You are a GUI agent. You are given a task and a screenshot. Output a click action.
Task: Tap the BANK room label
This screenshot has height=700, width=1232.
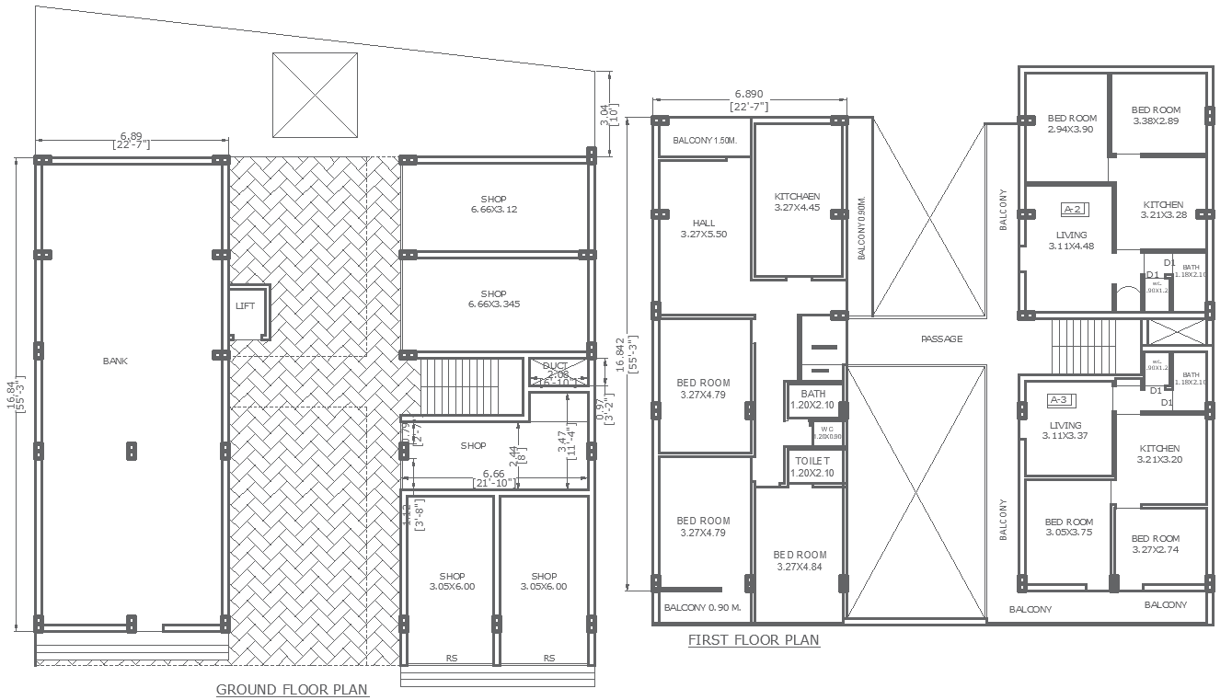[116, 361]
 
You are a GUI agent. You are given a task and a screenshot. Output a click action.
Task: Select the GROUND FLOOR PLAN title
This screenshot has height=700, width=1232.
[292, 690]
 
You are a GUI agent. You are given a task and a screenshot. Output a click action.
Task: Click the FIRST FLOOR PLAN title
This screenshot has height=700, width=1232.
[754, 640]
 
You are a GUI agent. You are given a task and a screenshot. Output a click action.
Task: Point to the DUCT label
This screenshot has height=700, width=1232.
[555, 366]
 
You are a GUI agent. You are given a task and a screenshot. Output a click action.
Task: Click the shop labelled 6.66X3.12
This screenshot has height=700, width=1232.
[493, 204]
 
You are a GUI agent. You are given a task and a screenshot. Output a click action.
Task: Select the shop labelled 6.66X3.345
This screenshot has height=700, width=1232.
[493, 299]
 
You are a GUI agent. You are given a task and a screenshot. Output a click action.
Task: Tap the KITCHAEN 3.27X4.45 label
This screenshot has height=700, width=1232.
[797, 202]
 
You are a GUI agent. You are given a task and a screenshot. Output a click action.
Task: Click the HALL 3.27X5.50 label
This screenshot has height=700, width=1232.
[703, 229]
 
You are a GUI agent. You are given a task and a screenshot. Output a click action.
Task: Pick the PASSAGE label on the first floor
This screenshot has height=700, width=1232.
[941, 339]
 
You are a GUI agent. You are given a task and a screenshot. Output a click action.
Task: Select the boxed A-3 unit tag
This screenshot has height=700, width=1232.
[1061, 400]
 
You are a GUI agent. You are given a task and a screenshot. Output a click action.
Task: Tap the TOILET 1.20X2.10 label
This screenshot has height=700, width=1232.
[812, 466]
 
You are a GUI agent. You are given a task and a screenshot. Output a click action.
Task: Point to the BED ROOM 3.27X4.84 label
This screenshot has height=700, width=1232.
[800, 561]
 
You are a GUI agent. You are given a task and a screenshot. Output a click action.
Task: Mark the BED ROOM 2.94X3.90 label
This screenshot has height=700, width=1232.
[1072, 124]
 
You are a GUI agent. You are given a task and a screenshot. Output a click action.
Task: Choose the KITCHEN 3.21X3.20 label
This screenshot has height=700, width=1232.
[1159, 453]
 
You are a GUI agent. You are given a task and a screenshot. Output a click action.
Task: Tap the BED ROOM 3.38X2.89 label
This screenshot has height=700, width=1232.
[1156, 115]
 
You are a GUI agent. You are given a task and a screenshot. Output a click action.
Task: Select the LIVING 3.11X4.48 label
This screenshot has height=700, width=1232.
[1071, 240]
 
